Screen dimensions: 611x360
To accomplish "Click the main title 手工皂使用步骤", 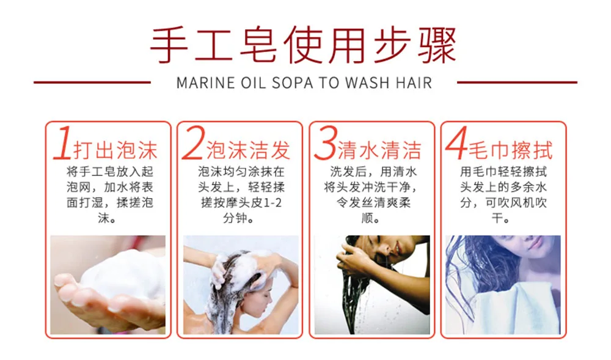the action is click(303, 46).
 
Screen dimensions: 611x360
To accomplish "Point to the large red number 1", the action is click(63, 143).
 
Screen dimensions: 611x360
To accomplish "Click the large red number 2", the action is click(193, 143).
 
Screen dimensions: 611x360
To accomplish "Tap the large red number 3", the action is click(325, 143).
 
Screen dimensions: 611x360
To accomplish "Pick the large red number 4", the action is click(456, 143).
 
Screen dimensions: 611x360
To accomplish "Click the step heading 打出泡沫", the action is click(115, 150).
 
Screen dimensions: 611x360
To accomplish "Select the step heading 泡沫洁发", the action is click(248, 150).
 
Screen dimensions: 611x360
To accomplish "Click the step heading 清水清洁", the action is click(379, 150).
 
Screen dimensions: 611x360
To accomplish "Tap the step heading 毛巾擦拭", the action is click(510, 150).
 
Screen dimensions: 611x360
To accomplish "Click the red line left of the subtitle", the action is click(92, 83).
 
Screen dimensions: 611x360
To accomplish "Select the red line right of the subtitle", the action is click(517, 83).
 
